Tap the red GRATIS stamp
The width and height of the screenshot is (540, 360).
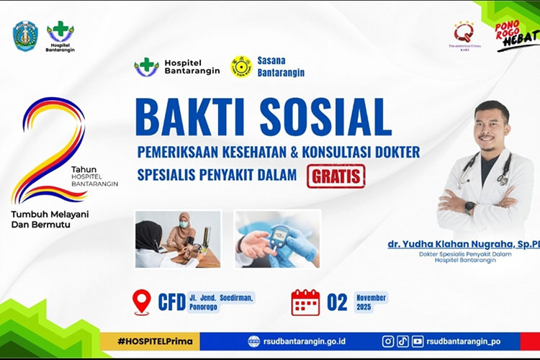(336, 176)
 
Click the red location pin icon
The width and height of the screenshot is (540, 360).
(143, 302)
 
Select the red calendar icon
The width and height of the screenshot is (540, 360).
(305, 302)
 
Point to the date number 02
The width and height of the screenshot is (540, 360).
(337, 302)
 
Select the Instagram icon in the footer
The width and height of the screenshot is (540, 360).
(388, 341)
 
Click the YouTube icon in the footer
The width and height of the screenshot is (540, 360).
(418, 341)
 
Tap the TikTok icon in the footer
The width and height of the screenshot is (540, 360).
(402, 341)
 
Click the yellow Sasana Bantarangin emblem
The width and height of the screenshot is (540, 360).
(241, 67)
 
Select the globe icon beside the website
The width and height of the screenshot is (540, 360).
(253, 341)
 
